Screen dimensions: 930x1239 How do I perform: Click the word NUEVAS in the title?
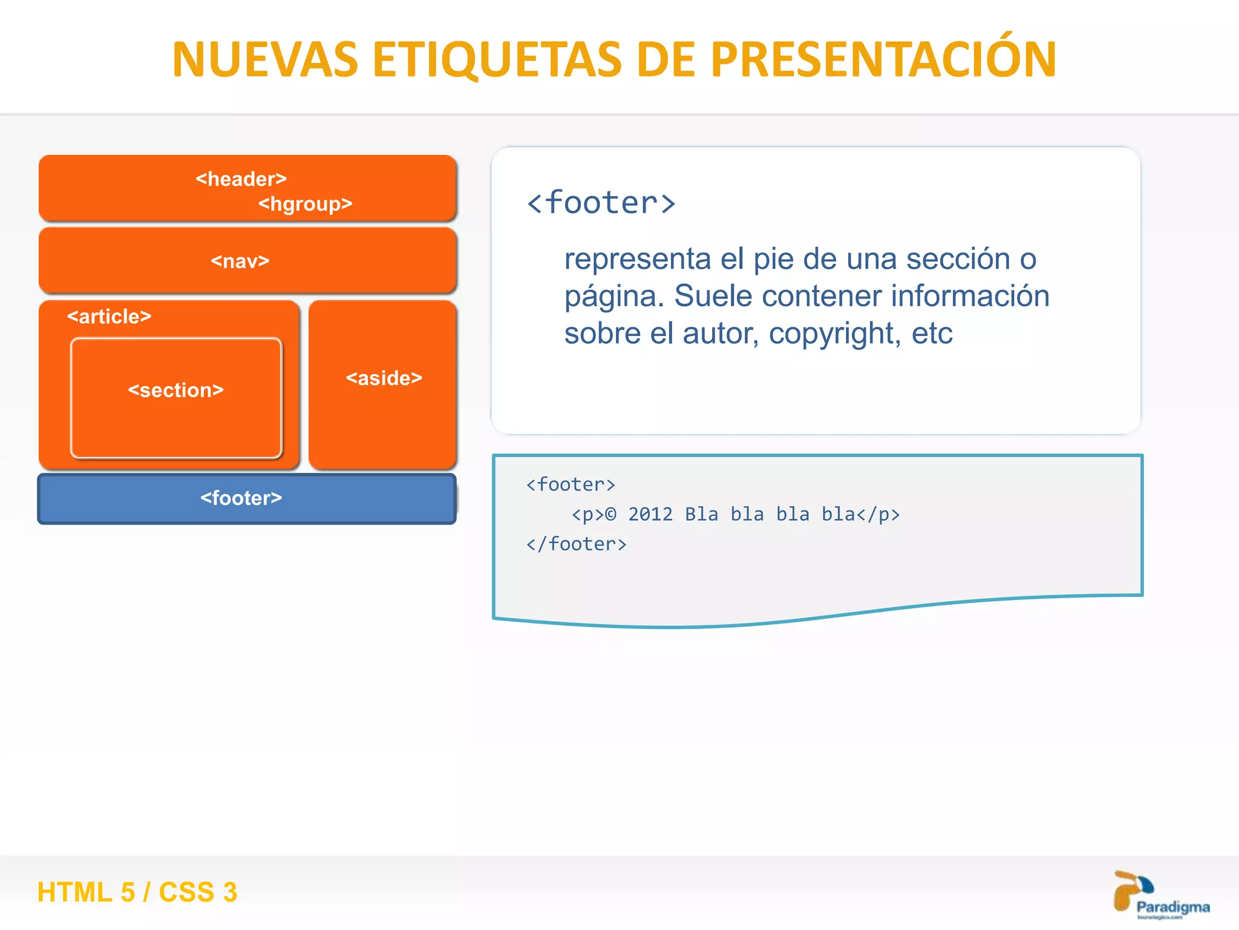click(265, 60)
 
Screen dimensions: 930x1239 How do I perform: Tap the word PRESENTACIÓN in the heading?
click(883, 60)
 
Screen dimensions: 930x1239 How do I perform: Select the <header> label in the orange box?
click(241, 179)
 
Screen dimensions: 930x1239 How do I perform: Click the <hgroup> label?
click(305, 204)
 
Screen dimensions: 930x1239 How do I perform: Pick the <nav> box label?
click(240, 261)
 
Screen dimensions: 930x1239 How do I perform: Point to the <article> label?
click(109, 316)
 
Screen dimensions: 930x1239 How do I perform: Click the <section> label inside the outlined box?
click(176, 390)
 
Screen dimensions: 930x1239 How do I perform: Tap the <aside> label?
click(384, 378)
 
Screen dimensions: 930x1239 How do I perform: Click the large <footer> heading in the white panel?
click(601, 203)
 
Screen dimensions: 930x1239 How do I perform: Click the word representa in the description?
click(637, 259)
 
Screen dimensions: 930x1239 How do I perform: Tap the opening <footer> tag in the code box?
click(570, 484)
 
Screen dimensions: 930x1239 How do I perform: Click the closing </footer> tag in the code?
click(576, 544)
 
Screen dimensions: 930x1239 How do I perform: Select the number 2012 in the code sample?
click(650, 514)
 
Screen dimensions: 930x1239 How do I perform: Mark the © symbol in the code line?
click(610, 514)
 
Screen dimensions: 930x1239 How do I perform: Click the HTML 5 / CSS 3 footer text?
click(137, 892)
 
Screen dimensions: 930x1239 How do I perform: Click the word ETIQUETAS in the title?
click(497, 60)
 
